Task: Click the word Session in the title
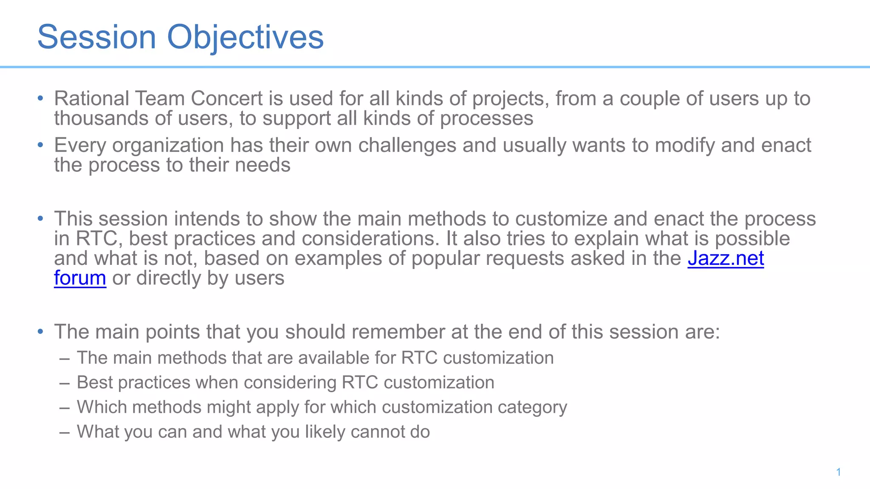pyautogui.click(x=97, y=37)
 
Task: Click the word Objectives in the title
pyautogui.click(x=245, y=37)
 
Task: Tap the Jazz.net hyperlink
pyautogui.click(x=726, y=258)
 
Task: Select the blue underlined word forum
pyautogui.click(x=80, y=278)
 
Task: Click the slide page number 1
pyautogui.click(x=839, y=472)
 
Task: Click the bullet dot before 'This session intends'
pyautogui.click(x=40, y=219)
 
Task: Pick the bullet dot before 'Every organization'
pyautogui.click(x=40, y=145)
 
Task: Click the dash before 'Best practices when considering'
pyautogui.click(x=65, y=383)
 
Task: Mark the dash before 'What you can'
pyautogui.click(x=65, y=432)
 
